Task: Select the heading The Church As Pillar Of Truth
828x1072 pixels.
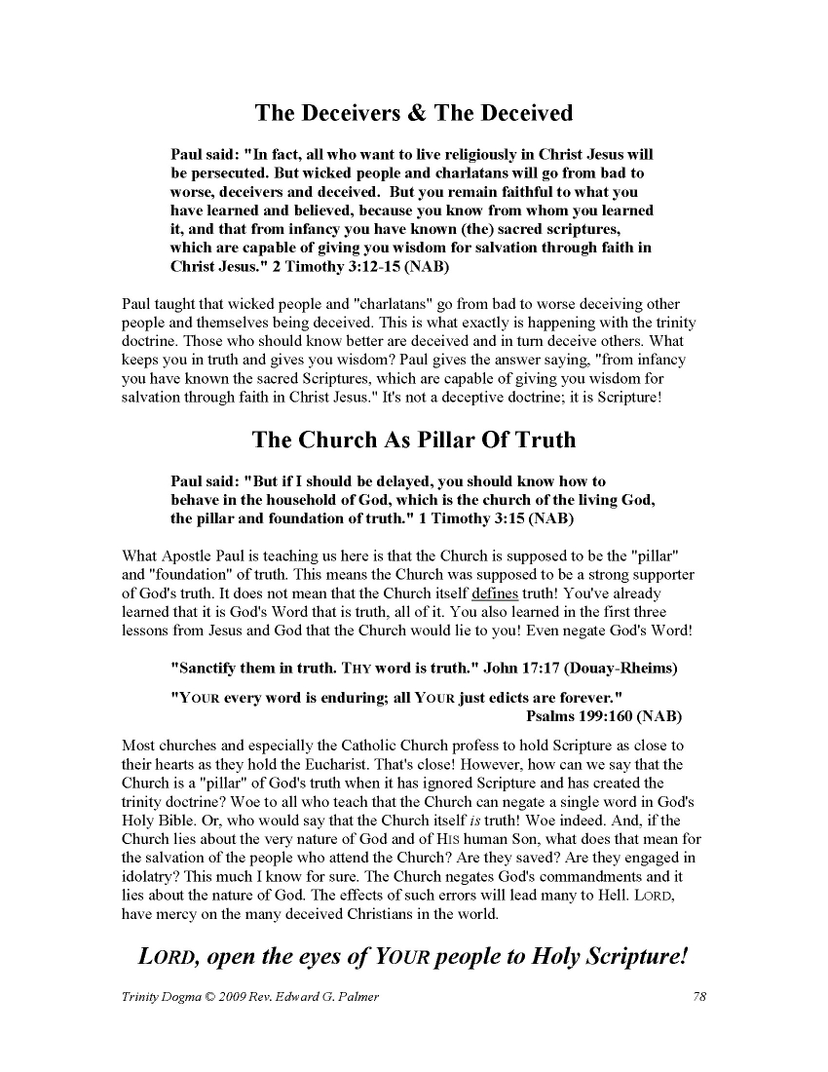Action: click(x=414, y=440)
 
